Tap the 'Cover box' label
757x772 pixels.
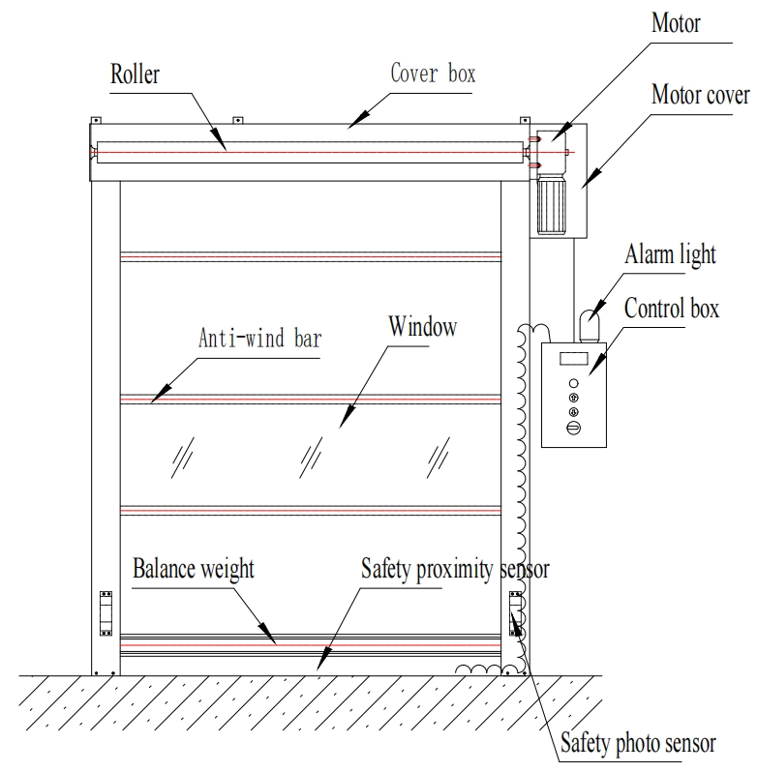pyautogui.click(x=433, y=73)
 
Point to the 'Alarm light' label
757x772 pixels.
pyautogui.click(x=671, y=255)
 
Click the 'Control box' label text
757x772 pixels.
pyautogui.click(x=673, y=311)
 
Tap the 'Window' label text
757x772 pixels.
pyautogui.click(x=422, y=327)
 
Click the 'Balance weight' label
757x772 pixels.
pyautogui.click(x=194, y=568)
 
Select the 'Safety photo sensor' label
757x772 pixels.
pyautogui.click(x=638, y=744)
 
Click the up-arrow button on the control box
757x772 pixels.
pyautogui.click(x=572, y=398)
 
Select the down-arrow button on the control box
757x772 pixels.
pyautogui.click(x=572, y=412)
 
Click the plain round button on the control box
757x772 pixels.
pyautogui.click(x=572, y=383)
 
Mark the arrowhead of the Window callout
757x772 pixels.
pyautogui.click(x=340, y=427)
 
